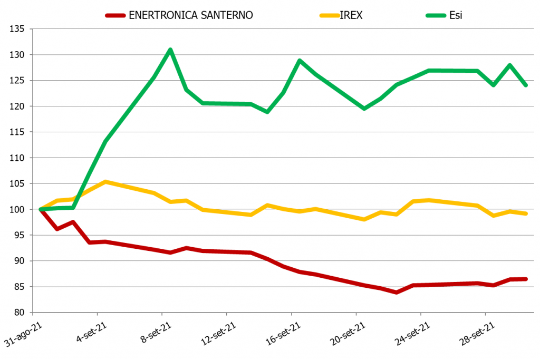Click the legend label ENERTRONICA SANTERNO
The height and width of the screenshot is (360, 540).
point(190,15)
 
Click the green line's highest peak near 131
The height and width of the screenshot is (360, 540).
point(170,50)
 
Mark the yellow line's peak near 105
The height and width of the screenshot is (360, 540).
point(105,182)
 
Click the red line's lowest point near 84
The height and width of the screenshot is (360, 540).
point(397,292)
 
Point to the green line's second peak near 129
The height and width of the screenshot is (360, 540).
point(300,61)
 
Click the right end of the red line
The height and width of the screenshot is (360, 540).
point(526,279)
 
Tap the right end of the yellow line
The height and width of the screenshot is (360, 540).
point(526,213)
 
